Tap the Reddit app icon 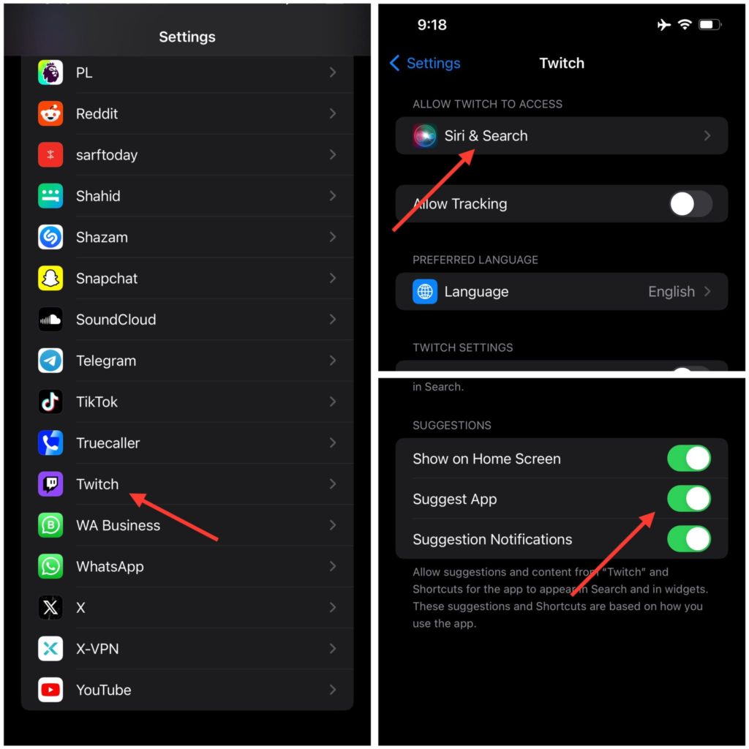(x=50, y=113)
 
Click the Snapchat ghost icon (x=50, y=278)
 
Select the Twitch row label (x=97, y=484)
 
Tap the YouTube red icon (x=50, y=690)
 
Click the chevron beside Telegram (x=333, y=361)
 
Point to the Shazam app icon (x=50, y=237)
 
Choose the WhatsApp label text (x=110, y=567)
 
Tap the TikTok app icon (x=50, y=402)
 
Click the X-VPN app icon (x=50, y=649)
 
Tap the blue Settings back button (x=425, y=63)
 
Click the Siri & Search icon (x=425, y=136)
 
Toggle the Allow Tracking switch (x=690, y=204)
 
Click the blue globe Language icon (x=425, y=292)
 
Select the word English (x=671, y=292)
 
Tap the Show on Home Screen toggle (x=688, y=459)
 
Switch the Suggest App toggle (x=688, y=499)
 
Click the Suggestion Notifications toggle (x=688, y=539)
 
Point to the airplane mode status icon (x=663, y=25)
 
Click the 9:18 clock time (x=432, y=25)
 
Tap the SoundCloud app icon (x=50, y=320)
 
